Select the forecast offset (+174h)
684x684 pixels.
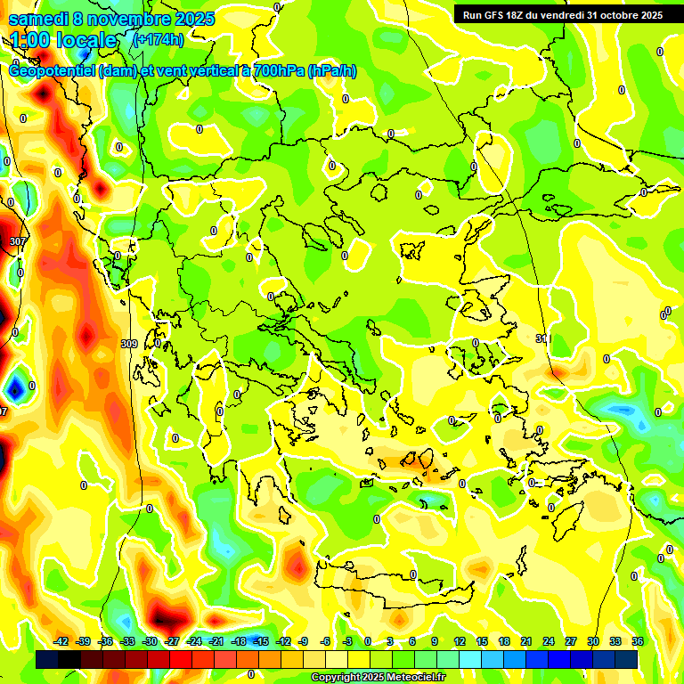point(159,40)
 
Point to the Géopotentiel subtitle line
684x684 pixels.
point(183,71)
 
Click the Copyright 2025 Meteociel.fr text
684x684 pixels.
point(378,678)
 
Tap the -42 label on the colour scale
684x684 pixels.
point(61,641)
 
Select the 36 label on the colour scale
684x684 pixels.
point(637,641)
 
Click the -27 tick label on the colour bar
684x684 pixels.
point(172,641)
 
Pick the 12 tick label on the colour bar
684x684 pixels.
point(460,641)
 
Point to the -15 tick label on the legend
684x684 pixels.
point(261,641)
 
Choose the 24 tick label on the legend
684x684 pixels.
point(548,641)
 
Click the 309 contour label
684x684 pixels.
point(129,343)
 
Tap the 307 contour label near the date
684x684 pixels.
point(17,241)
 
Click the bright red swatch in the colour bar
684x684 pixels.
point(181,659)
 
